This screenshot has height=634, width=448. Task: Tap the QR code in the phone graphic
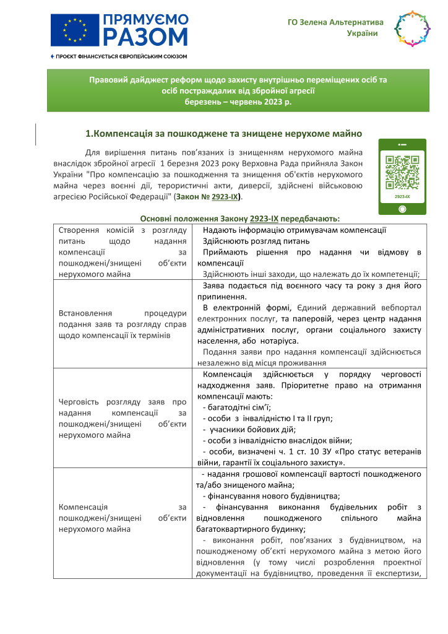click(402, 173)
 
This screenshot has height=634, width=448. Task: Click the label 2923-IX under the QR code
click(402, 196)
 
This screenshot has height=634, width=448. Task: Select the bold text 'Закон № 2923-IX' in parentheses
click(208, 196)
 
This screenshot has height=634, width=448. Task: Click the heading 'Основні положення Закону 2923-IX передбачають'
click(240, 218)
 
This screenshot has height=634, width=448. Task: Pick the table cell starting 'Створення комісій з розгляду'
click(122, 252)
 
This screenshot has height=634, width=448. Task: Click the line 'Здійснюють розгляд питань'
click(248, 241)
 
